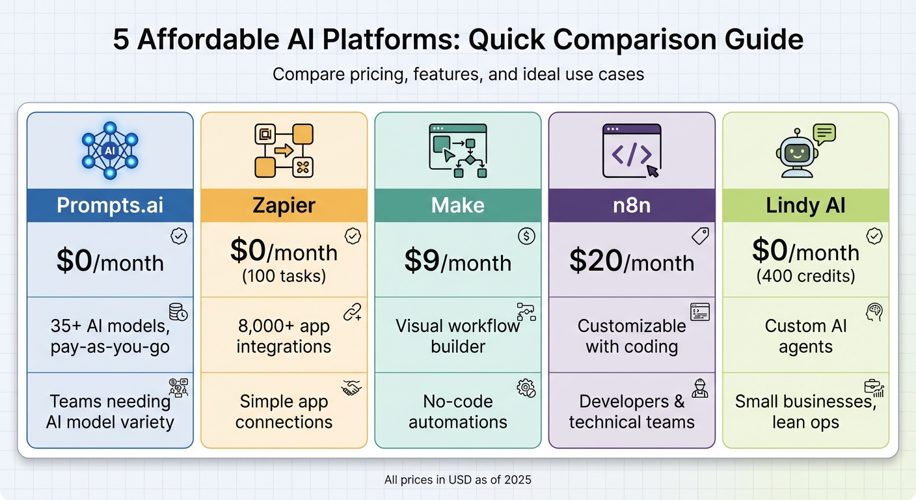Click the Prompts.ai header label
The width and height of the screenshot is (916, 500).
(110, 206)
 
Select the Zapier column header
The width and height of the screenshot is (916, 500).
(284, 206)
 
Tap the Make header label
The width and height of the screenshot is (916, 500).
(457, 206)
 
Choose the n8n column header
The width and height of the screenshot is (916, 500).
(631, 206)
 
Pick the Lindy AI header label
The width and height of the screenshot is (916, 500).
(805, 206)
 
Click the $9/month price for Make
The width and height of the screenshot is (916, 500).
(457, 262)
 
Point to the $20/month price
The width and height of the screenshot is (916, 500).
(631, 262)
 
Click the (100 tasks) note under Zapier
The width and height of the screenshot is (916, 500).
(284, 276)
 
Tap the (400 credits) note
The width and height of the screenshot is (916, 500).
(805, 276)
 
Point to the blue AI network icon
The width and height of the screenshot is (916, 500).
(110, 150)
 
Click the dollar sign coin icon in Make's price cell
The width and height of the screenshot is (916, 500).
(526, 236)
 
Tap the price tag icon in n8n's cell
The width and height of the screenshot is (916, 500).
(700, 236)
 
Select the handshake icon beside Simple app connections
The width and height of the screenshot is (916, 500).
(351, 388)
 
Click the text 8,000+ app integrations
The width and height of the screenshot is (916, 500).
(284, 336)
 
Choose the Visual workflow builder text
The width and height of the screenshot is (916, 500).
(457, 336)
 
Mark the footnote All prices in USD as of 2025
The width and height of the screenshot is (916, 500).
(457, 480)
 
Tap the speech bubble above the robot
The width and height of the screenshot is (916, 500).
(824, 133)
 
